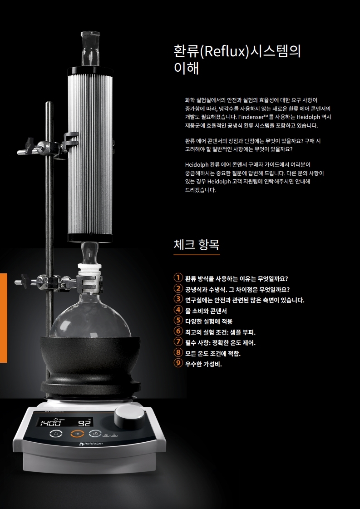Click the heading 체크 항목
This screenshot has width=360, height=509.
click(197, 245)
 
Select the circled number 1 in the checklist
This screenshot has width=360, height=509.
click(178, 278)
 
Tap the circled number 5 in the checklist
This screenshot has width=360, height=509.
click(178, 321)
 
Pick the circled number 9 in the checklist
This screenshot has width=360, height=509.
click(178, 363)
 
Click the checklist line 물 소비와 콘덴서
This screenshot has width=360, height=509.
click(206, 311)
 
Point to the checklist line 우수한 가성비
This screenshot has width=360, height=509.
click(203, 364)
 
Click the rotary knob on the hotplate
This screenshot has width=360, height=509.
click(129, 417)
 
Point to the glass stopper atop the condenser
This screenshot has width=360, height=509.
click(90, 48)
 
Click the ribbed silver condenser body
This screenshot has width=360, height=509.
click(90, 154)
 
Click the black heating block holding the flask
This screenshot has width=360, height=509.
click(91, 365)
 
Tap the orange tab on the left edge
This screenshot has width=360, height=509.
click(4, 318)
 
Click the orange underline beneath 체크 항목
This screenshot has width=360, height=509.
click(197, 255)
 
